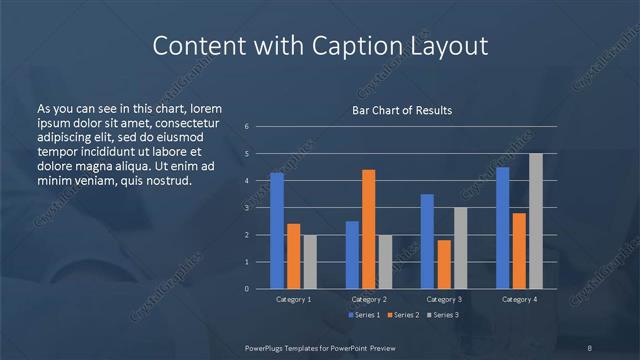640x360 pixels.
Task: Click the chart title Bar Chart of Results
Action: (402, 110)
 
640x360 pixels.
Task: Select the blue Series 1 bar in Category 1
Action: (277, 230)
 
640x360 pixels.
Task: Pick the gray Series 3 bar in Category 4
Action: (535, 221)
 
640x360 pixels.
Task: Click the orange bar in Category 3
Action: (444, 264)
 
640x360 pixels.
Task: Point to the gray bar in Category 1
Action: (309, 261)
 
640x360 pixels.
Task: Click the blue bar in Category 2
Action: (352, 254)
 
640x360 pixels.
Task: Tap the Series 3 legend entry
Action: (443, 315)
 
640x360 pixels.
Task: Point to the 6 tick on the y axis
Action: (247, 127)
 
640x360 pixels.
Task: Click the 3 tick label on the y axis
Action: (247, 208)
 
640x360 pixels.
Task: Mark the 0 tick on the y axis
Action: (247, 289)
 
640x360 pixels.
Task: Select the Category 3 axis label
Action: (443, 299)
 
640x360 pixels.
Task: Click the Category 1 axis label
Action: (293, 299)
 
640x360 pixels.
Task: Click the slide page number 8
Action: (589, 347)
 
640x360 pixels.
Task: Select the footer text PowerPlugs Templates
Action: (289, 347)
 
